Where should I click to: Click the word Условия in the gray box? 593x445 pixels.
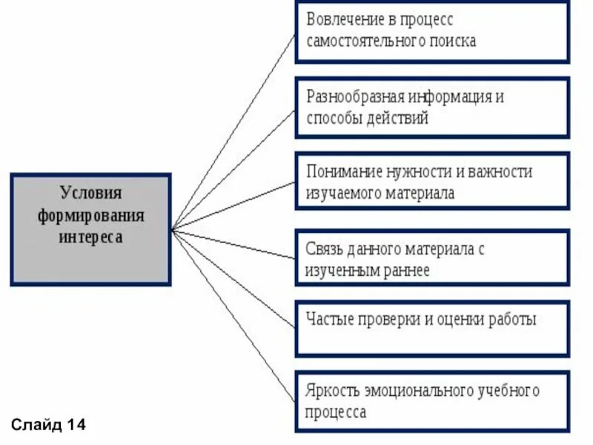(x=90, y=194)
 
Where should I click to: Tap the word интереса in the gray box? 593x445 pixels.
(x=90, y=238)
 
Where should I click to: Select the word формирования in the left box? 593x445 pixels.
(x=90, y=216)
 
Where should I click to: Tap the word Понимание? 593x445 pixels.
(x=345, y=172)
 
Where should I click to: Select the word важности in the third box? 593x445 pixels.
(x=502, y=172)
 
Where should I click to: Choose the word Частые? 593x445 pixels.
(x=329, y=320)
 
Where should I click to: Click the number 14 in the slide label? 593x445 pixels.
(x=76, y=425)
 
